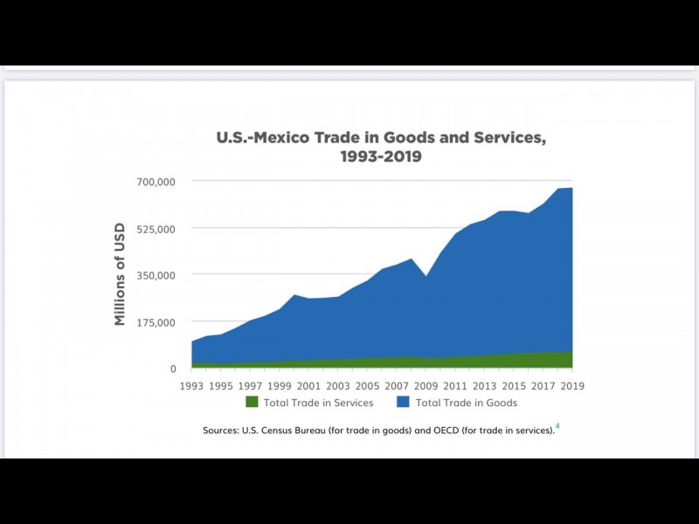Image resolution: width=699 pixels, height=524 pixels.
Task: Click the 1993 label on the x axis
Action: pos(192,385)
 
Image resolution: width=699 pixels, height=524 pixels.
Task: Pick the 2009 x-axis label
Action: pos(426,385)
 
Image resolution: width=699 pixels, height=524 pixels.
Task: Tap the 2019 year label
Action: pos(572,385)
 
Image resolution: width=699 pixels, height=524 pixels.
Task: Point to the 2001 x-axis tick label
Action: pos(309,385)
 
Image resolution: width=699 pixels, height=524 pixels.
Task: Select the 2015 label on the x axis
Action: pos(514,385)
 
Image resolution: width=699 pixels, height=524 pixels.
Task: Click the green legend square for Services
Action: pos(252,403)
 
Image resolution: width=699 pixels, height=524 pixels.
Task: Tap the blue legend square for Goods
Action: pos(404,403)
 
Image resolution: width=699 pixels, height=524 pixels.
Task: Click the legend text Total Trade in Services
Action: pos(318,403)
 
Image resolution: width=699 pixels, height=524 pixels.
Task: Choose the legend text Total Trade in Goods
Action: pos(467,403)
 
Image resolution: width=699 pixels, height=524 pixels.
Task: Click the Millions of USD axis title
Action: pos(121,274)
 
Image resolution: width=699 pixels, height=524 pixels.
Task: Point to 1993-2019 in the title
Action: pos(381,157)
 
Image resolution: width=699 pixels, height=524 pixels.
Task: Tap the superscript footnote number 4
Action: pos(557,426)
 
